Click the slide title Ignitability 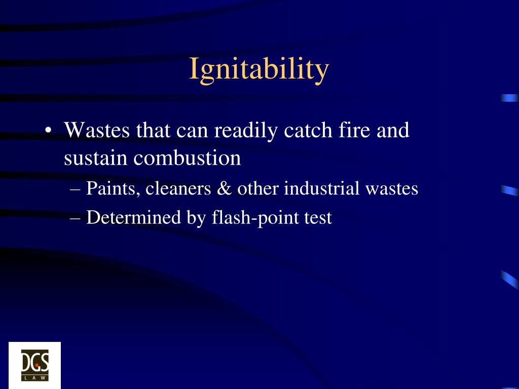pos(259,69)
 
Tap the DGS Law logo pos(34,365)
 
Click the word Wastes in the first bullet pos(97,131)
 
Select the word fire pos(351,131)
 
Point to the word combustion pos(187,159)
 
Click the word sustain pos(96,159)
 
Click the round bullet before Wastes pos(48,131)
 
